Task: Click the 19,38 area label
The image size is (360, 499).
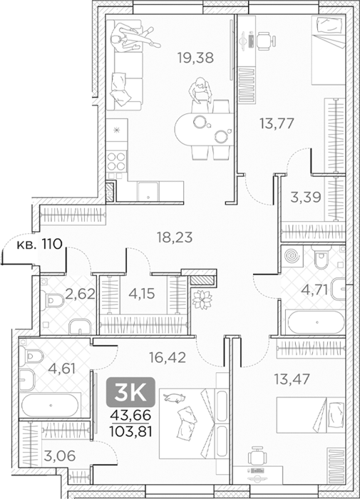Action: point(195,58)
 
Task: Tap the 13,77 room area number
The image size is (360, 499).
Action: point(277,123)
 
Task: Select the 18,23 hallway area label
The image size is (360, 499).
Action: point(175,237)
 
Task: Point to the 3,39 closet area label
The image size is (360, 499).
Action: point(306,197)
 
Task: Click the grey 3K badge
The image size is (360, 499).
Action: point(130,392)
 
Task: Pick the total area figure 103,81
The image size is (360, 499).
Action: point(130,432)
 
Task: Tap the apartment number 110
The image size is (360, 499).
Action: point(51,245)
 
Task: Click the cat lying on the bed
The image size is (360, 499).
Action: point(174,398)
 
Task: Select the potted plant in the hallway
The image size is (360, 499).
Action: point(202,299)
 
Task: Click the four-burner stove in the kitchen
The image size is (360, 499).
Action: point(116,161)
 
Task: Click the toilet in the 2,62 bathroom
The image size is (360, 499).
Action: point(54,300)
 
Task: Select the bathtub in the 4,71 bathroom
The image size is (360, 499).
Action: point(316,322)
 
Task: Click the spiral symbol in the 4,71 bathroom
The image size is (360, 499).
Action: point(289,256)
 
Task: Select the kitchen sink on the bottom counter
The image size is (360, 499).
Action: point(148,191)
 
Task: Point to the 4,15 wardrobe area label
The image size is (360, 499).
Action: point(142,294)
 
